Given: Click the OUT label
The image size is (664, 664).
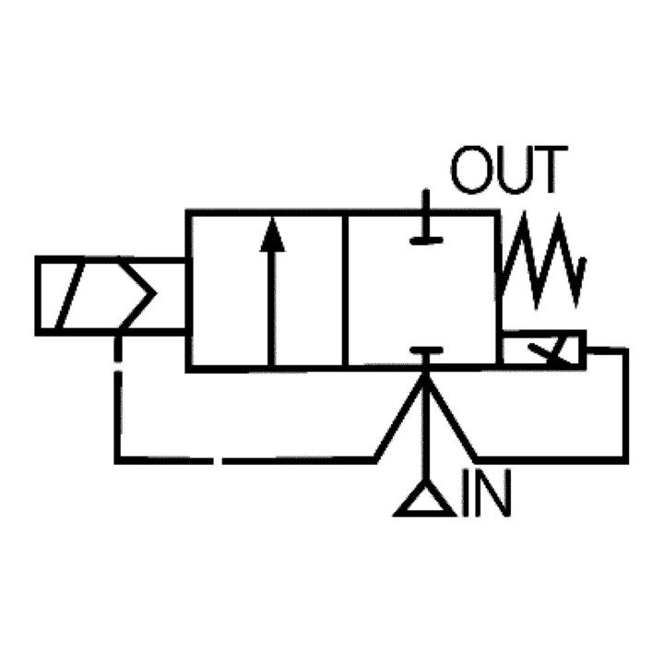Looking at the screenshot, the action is pyautogui.click(x=509, y=170).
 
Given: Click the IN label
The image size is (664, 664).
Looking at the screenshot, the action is pyautogui.click(x=486, y=492).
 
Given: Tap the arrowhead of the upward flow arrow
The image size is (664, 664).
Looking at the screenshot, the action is pyautogui.click(x=272, y=234).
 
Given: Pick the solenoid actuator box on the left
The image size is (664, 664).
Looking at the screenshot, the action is pyautogui.click(x=110, y=296).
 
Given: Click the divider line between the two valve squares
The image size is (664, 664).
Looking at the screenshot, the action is pyautogui.click(x=345, y=290).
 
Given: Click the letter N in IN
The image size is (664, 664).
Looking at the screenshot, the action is pyautogui.click(x=492, y=492).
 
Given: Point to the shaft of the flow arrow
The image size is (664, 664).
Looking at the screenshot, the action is pyautogui.click(x=272, y=308).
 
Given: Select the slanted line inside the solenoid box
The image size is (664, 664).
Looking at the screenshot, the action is pyautogui.click(x=70, y=295).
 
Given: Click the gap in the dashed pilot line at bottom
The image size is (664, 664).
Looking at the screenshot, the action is pyautogui.click(x=218, y=461).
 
